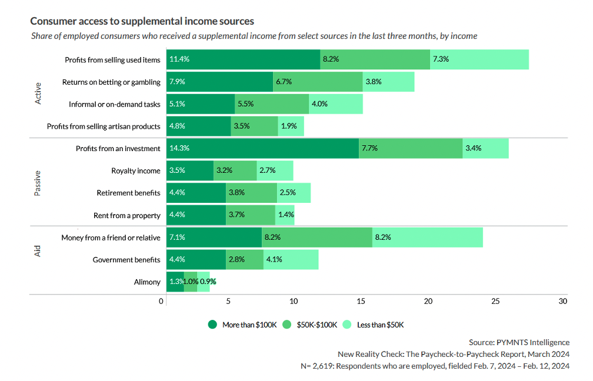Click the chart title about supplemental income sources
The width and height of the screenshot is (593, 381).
coord(142,21)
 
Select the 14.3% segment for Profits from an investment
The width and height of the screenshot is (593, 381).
coord(262,148)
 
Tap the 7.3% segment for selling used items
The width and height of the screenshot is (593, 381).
coord(479,59)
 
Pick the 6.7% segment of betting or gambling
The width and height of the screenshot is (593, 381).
coord(318,82)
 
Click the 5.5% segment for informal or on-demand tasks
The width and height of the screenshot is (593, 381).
coord(271,104)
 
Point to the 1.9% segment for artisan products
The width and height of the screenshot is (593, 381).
coord(291,126)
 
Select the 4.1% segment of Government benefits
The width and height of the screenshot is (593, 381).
coord(291,260)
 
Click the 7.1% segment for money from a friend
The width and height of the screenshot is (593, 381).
coord(214,238)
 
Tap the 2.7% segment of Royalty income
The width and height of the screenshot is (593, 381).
coord(275,171)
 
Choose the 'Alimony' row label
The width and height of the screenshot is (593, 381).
coord(147,282)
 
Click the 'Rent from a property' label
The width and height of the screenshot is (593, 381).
coord(127,216)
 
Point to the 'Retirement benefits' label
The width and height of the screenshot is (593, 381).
coord(128,193)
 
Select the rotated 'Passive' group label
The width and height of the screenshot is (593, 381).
coord(38,182)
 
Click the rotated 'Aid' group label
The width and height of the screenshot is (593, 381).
coord(38,255)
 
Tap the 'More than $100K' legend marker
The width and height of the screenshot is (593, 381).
coord(213,325)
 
